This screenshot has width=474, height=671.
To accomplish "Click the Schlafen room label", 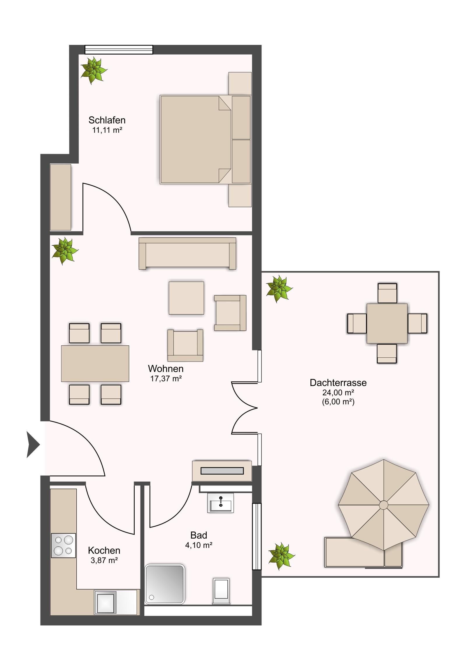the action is [107, 120].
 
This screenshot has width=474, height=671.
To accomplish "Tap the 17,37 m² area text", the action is [166, 379].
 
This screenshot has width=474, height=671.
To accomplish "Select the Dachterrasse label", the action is [338, 382].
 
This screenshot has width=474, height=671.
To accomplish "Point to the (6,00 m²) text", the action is [338, 402].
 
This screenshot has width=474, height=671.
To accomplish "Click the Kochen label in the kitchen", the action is [104, 551].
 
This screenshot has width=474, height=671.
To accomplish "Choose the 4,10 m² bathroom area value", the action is [199, 545].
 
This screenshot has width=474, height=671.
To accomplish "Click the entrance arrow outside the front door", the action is [33, 445].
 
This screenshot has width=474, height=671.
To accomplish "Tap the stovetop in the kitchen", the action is [63, 545].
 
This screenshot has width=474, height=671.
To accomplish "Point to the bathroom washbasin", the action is [220, 503].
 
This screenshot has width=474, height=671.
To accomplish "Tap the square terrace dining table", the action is [387, 323].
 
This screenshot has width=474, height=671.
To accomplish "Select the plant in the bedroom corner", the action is [94, 70].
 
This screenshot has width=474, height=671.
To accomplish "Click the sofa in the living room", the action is [187, 253].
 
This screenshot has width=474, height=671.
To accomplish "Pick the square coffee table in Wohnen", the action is [186, 298].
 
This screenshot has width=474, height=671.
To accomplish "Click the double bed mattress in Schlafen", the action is [196, 139].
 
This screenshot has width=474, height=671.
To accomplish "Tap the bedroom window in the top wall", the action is [119, 49].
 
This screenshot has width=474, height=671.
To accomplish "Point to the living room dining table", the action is [95, 364].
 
